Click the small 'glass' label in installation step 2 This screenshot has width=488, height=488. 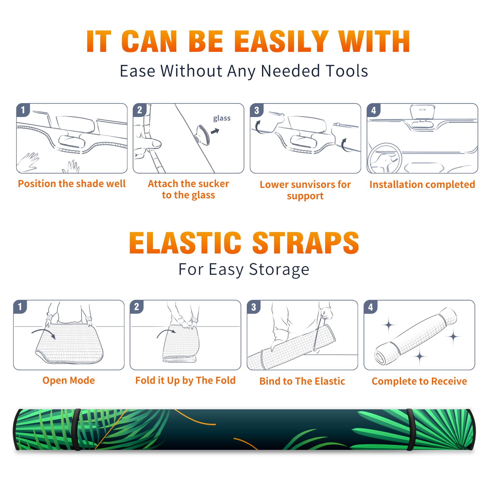[x=222, y=118]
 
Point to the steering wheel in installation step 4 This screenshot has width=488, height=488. [x=385, y=158]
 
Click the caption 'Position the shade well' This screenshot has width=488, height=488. [x=72, y=184]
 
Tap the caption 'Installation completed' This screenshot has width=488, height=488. [x=422, y=184]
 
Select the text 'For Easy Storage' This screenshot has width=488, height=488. [x=244, y=269]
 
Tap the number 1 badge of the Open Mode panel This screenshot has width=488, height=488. [x=20, y=307]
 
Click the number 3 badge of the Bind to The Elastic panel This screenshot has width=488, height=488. [x=254, y=307]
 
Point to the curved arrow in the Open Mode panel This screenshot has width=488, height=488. [x=44, y=333]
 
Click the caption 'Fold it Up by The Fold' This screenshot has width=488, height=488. [x=185, y=380]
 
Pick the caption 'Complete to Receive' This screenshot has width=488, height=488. [x=419, y=381]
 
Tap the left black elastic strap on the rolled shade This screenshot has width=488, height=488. [x=77, y=430]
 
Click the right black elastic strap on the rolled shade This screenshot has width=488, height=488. [x=411, y=430]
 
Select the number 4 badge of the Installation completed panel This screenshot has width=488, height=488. [x=374, y=110]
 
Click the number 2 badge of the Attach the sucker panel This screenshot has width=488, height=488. [x=140, y=110]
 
